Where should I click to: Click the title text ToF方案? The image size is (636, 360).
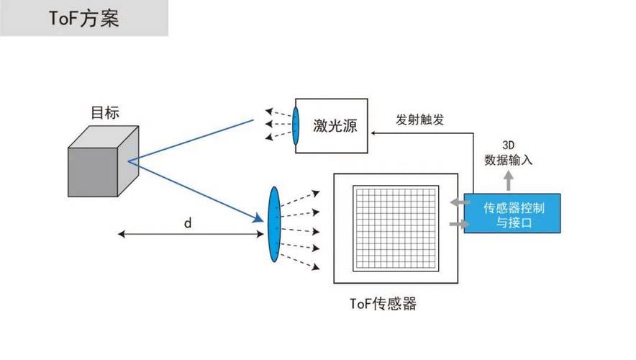[84, 18]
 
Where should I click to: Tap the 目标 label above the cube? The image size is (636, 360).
[104, 112]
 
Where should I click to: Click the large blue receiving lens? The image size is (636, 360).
[273, 224]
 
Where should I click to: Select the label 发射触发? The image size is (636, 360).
[420, 120]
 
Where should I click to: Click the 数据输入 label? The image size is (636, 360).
[509, 160]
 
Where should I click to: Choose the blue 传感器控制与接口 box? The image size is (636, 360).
[512, 213]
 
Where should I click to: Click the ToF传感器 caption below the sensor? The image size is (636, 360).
[383, 303]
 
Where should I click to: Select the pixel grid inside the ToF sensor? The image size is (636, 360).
[395, 228]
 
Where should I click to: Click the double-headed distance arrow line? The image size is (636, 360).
[187, 235]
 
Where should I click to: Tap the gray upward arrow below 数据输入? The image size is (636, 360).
[509, 181]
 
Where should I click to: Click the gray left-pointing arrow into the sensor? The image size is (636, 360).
[455, 203]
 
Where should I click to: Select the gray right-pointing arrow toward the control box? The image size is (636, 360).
[455, 225]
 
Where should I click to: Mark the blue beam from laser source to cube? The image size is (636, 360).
[194, 140]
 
